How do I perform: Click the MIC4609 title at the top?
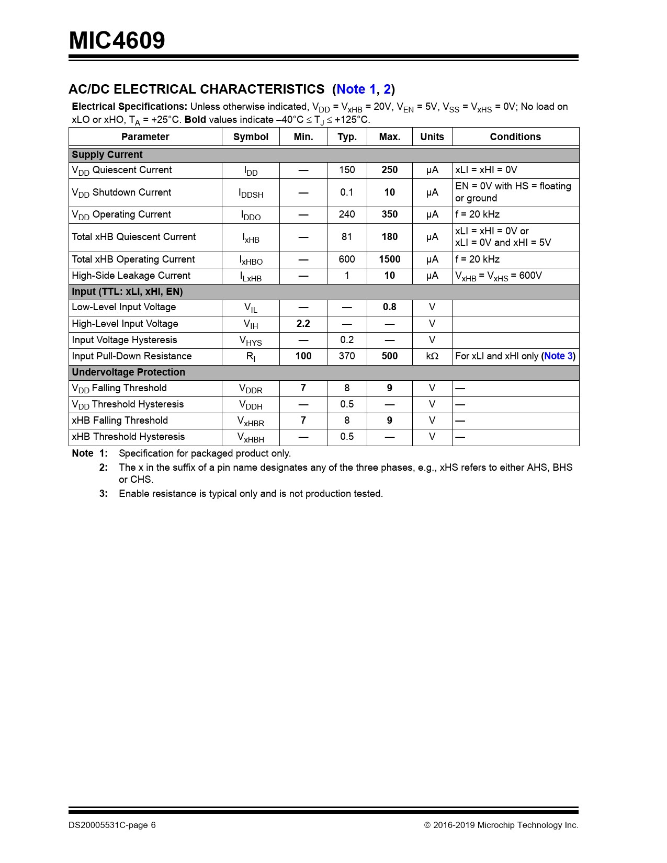117,41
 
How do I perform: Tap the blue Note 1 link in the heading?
356,89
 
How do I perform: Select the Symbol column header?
251,137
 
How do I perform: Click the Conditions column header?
515,137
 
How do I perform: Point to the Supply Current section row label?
107,155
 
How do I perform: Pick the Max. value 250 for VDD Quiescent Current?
389,170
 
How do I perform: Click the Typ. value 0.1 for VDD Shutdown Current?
347,192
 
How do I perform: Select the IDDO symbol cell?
251,215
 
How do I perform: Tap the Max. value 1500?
389,259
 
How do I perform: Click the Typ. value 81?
347,237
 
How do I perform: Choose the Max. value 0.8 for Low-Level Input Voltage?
389,307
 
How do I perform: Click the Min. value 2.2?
303,324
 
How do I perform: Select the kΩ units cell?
432,356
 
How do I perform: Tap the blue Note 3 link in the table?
558,356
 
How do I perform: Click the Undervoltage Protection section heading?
129,372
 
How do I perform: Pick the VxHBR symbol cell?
251,421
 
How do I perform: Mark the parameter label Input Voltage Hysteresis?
125,340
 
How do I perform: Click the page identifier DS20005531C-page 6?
112,825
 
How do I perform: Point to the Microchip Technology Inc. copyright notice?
501,825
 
